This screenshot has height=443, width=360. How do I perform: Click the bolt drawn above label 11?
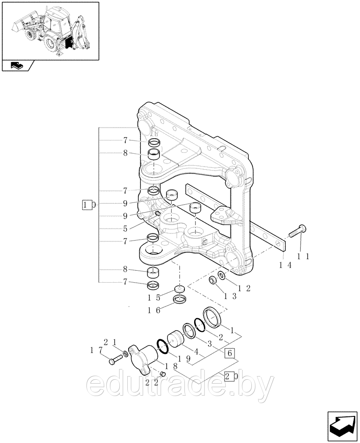[x=297, y=232]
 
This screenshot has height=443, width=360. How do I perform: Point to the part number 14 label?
[x=285, y=264]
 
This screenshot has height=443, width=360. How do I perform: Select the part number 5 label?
[x=125, y=229]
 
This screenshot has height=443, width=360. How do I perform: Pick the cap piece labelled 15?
[x=180, y=290]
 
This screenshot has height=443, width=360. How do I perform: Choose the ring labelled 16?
[x=180, y=300]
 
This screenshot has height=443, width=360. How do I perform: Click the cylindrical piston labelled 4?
[x=175, y=339]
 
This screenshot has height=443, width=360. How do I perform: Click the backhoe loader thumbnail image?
[x=50, y=31]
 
